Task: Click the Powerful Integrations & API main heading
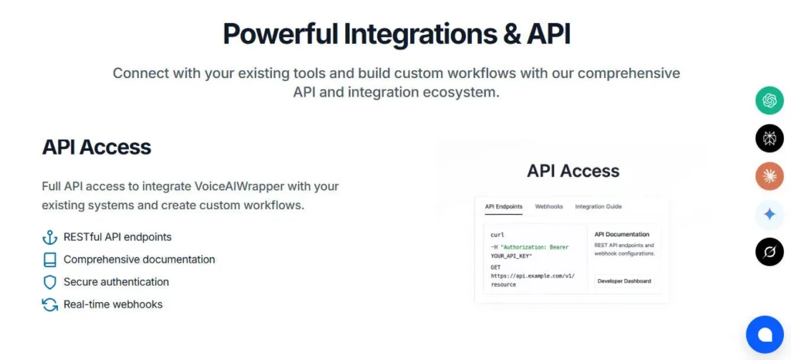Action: click(396, 35)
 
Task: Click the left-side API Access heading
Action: click(97, 147)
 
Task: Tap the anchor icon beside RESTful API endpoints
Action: click(49, 237)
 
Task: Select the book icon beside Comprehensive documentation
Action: click(49, 260)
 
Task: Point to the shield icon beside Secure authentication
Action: click(49, 282)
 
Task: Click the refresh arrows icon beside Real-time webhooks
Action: click(49, 304)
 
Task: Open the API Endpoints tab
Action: click(503, 207)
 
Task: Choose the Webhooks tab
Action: click(548, 207)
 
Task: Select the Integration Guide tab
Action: click(598, 207)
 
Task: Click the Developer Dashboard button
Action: click(624, 281)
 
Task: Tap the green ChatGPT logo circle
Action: click(769, 100)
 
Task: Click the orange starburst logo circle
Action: click(769, 176)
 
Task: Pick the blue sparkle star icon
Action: click(769, 214)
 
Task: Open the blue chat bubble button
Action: click(765, 335)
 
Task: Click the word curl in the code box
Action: click(497, 234)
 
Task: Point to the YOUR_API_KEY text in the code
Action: click(511, 255)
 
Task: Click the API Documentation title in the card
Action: click(622, 234)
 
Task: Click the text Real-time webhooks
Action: click(113, 304)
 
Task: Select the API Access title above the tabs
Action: click(572, 171)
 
